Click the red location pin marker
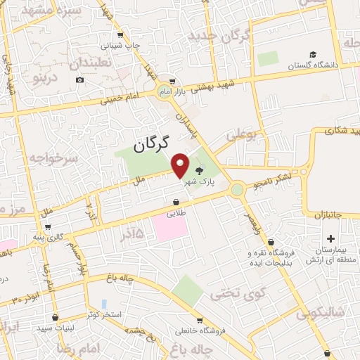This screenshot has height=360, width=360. coord(181,165)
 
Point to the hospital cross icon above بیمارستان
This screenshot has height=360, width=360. coord(330,239)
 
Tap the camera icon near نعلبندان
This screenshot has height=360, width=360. coord(79,79)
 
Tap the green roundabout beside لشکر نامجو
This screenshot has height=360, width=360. coord(237,189)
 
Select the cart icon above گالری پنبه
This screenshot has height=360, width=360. coord(47,227)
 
